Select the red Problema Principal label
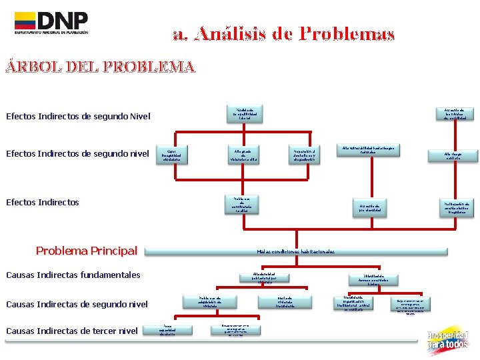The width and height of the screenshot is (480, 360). click(x=86, y=251)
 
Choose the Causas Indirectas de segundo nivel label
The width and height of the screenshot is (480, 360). click(x=77, y=305)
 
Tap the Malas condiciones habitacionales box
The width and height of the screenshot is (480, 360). click(x=296, y=251)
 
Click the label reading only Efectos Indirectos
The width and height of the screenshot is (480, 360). click(x=43, y=202)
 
